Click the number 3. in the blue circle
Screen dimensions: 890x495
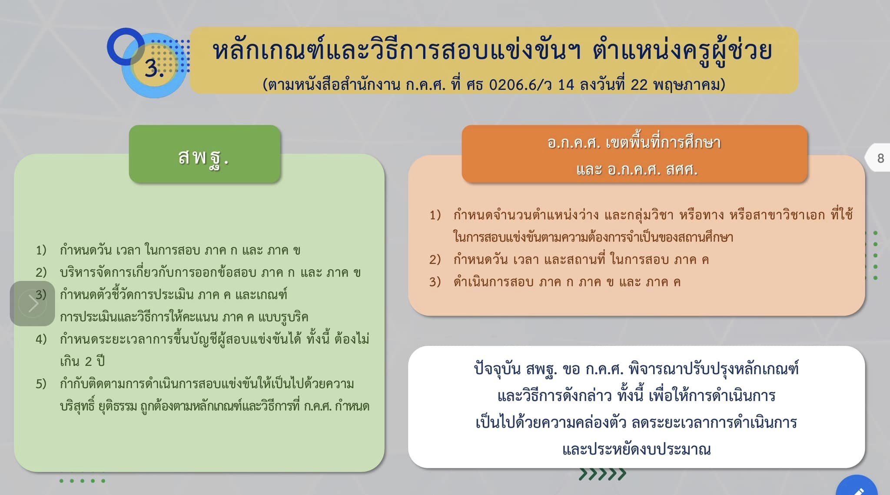pos(154,68)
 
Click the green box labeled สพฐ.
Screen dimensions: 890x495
pos(205,154)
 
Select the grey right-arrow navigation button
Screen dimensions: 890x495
pos(33,303)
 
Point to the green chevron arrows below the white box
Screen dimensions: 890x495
pos(602,474)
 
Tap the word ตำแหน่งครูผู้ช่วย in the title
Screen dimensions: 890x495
pos(682,51)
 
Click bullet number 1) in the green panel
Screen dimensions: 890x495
pos(41,250)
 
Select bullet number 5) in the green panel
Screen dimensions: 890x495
pos(41,384)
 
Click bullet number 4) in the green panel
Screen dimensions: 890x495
pos(41,339)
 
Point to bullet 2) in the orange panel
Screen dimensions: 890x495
pos(435,260)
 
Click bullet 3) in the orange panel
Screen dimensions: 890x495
pos(435,282)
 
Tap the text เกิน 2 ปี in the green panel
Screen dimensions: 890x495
pos(82,361)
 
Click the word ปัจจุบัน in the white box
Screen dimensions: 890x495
pos(497,369)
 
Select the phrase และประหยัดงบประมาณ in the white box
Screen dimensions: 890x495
pos(637,449)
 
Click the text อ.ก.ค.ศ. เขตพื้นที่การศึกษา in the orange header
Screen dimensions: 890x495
pos(634,142)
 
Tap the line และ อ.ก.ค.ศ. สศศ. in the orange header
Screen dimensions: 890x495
pos(637,169)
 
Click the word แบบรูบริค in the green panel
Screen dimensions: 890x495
pos(283,317)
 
